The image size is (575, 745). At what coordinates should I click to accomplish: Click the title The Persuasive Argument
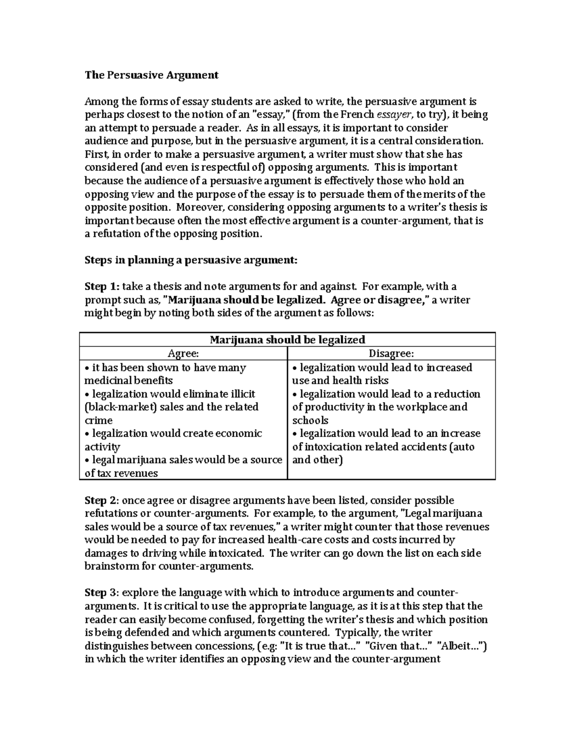click(x=151, y=75)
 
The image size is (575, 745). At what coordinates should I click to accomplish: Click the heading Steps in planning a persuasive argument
click(x=191, y=260)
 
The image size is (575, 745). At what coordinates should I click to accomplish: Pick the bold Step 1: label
click(x=102, y=286)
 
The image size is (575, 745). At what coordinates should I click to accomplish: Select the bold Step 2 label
click(x=101, y=500)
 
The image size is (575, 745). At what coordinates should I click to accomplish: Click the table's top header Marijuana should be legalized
click(x=287, y=340)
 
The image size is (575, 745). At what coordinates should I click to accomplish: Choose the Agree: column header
click(x=183, y=354)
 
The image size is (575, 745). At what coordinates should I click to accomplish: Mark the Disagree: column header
click(x=391, y=354)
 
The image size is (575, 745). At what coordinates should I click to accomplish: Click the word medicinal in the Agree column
click(x=107, y=380)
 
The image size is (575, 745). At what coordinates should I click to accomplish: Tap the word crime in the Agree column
click(x=98, y=420)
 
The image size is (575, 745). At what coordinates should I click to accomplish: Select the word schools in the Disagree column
click(x=310, y=420)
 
